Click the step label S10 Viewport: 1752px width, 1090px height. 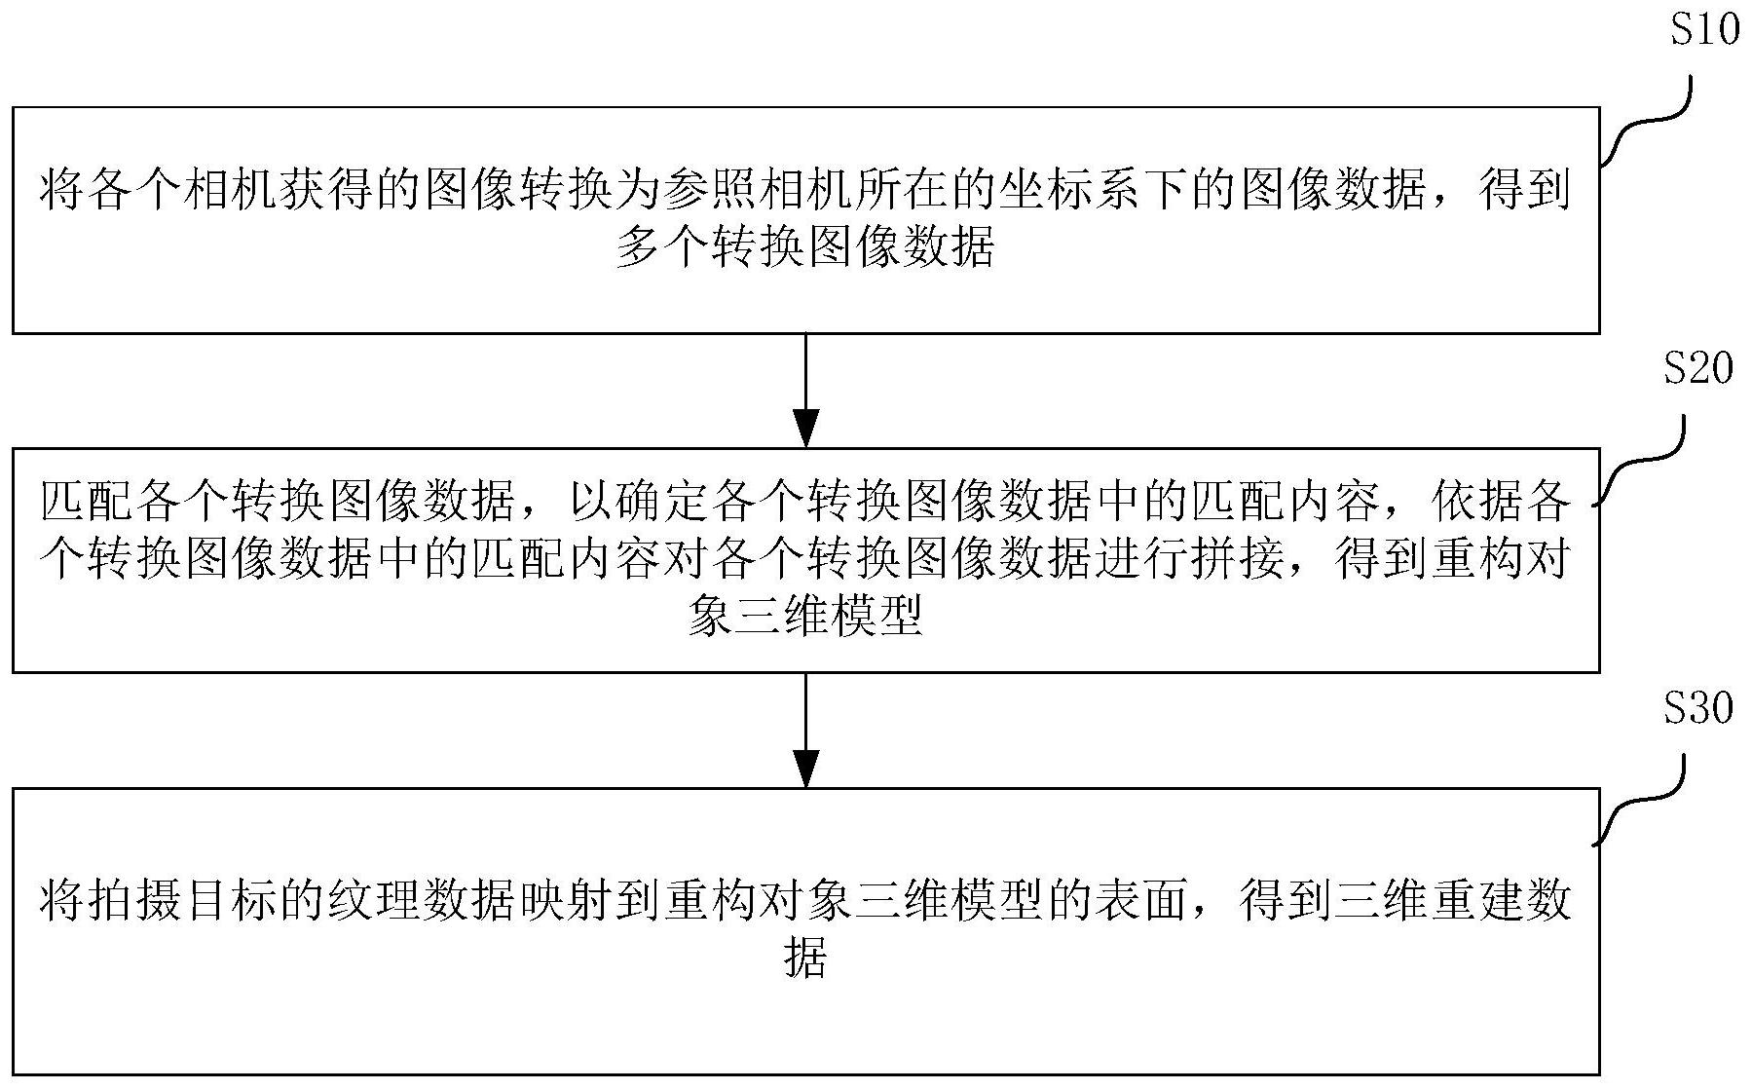pos(1704,31)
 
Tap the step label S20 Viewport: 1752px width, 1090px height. pos(1699,369)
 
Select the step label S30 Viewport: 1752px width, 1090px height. pos(1699,708)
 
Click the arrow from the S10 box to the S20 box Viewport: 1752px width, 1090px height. pos(806,391)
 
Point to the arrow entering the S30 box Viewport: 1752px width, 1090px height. pos(806,730)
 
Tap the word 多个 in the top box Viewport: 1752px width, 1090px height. pos(662,250)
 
